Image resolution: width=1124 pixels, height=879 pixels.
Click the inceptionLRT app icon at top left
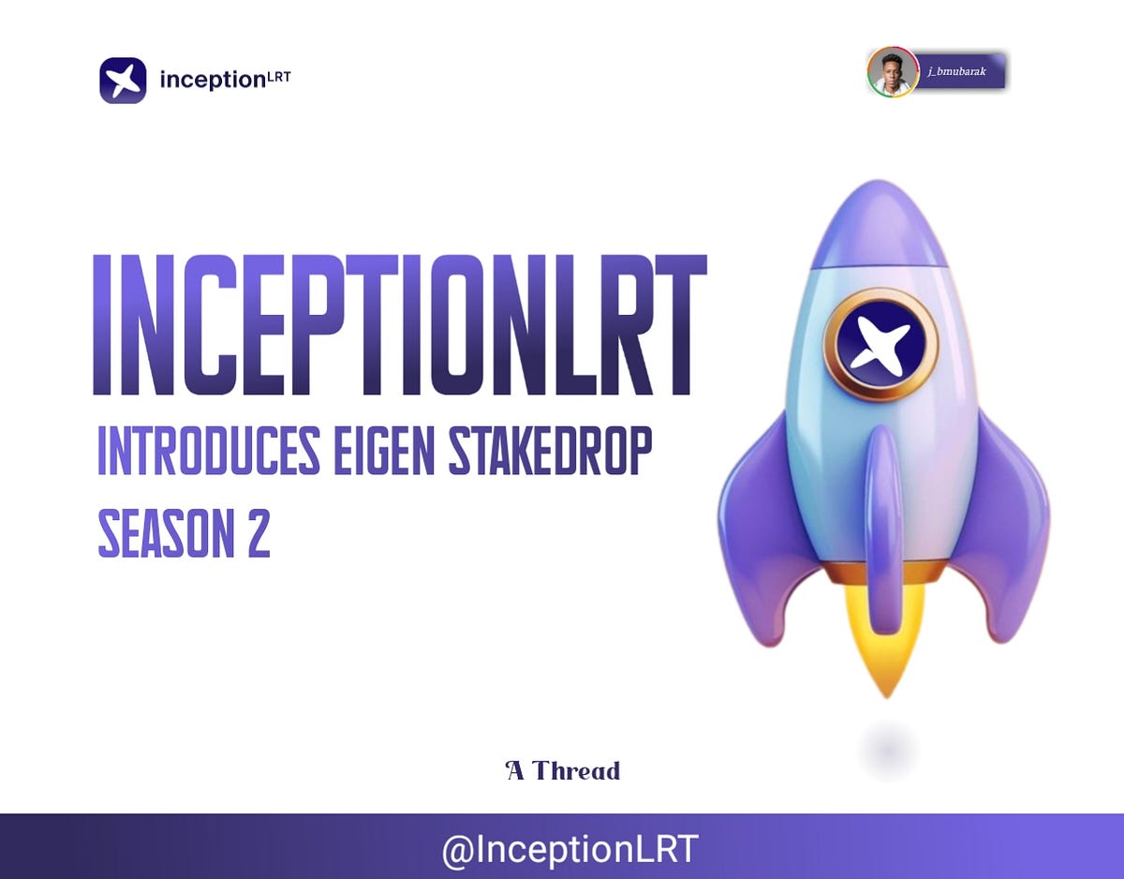(123, 81)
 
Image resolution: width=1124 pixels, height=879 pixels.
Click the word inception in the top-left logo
(213, 81)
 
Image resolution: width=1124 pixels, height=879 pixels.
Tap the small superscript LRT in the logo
(279, 76)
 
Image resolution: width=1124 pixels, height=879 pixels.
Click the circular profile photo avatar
(892, 72)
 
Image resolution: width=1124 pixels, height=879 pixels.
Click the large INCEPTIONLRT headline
(399, 325)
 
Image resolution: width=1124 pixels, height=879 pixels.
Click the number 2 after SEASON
(258, 534)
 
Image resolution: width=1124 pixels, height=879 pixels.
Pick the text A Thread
(563, 771)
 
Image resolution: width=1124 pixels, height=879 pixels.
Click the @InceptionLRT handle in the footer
(569, 849)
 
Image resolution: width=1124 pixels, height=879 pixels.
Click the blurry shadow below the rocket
(886, 750)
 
